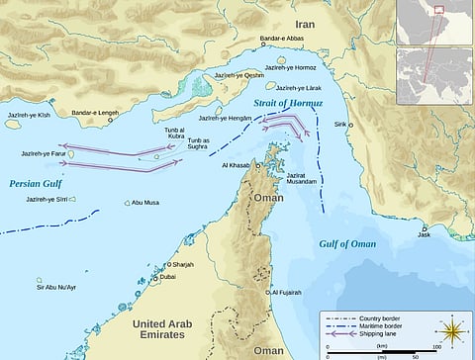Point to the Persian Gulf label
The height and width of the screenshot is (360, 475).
pyautogui.click(x=36, y=183)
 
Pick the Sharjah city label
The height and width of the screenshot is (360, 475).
pyautogui.click(x=184, y=265)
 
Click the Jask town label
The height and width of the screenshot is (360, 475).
pyautogui.click(x=425, y=234)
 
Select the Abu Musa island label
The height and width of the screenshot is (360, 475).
pyautogui.click(x=146, y=204)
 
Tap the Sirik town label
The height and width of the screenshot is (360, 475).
pyautogui.click(x=369, y=124)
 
